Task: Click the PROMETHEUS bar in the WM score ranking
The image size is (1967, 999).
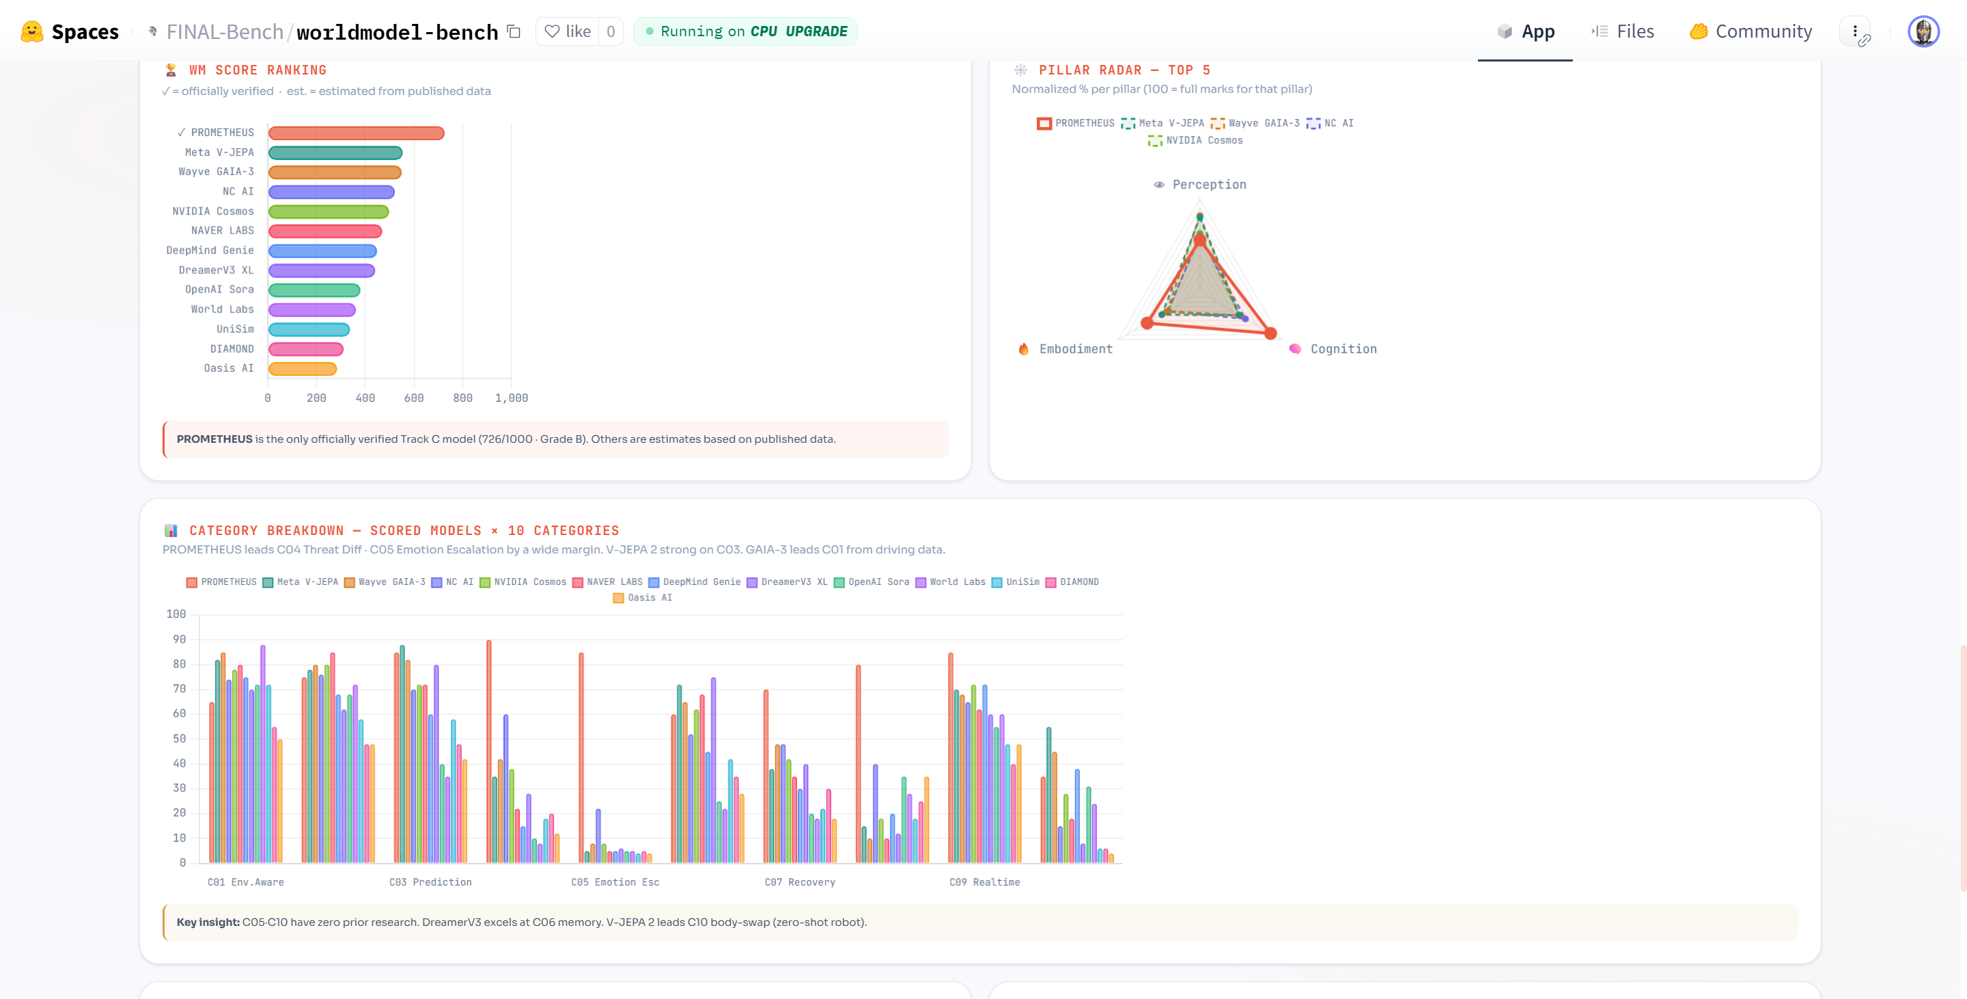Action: pyautogui.click(x=356, y=133)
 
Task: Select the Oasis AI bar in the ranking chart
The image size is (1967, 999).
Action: pyautogui.click(x=303, y=369)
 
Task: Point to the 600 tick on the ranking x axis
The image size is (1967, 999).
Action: pyautogui.click(x=414, y=398)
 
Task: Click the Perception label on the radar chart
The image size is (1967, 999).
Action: pyautogui.click(x=1209, y=184)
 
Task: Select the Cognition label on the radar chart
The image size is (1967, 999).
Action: pyautogui.click(x=1343, y=349)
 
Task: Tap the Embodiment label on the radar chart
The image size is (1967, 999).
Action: pyautogui.click(x=1075, y=349)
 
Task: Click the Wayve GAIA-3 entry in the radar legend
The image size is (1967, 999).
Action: pyautogui.click(x=1255, y=123)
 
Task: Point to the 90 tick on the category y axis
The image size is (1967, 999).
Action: pyautogui.click(x=179, y=640)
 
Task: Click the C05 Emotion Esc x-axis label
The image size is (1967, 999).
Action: pyautogui.click(x=615, y=882)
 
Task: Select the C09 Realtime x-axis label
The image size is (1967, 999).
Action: pyautogui.click(x=984, y=882)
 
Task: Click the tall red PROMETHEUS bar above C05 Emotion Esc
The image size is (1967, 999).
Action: pyautogui.click(x=581, y=756)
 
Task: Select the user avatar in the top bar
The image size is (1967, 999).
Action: pyautogui.click(x=1923, y=31)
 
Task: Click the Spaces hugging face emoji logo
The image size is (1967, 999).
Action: pyautogui.click(x=31, y=31)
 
